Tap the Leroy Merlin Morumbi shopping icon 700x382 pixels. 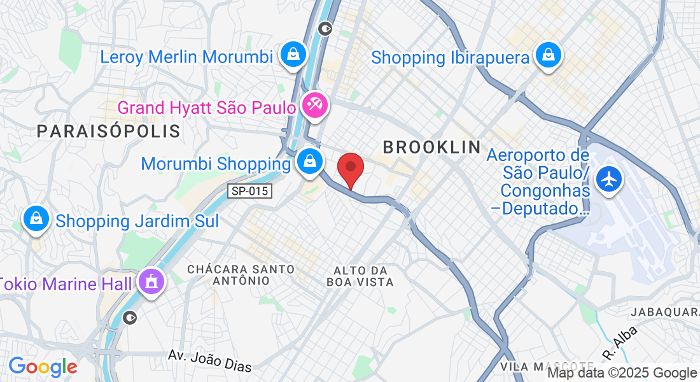click(x=293, y=55)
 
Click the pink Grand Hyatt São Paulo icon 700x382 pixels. click(x=314, y=104)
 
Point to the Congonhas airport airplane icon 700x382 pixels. click(x=610, y=179)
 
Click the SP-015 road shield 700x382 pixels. click(x=250, y=190)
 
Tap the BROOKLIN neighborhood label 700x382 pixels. click(x=432, y=147)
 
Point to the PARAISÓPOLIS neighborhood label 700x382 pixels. click(x=108, y=132)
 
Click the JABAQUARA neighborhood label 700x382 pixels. click(x=665, y=312)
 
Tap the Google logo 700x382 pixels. click(x=43, y=367)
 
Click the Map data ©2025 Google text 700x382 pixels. click(x=622, y=373)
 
